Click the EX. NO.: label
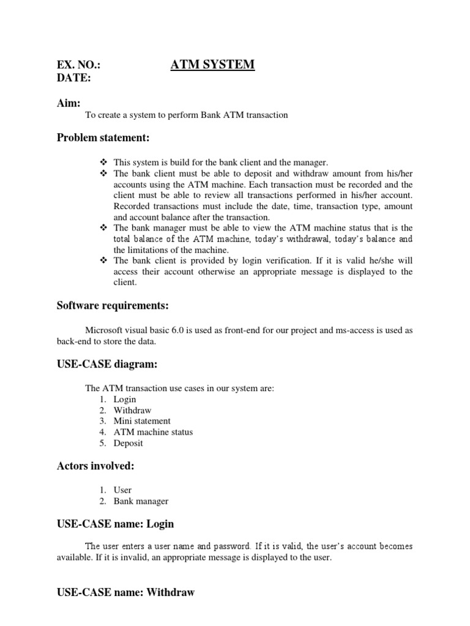point(79,65)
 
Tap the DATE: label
point(74,78)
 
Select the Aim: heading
point(69,103)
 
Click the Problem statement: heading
point(103,138)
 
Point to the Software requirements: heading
point(112,304)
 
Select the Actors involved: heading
point(95,466)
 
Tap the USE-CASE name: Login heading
point(115,524)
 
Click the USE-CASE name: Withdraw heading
point(125,592)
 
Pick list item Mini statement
point(142,421)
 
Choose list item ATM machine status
point(153,432)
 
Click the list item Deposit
point(129,443)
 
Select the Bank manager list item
point(141,501)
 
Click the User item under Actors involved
point(122,490)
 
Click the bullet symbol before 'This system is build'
point(103,162)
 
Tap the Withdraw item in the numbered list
point(132,410)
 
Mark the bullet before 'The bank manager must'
point(103,228)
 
